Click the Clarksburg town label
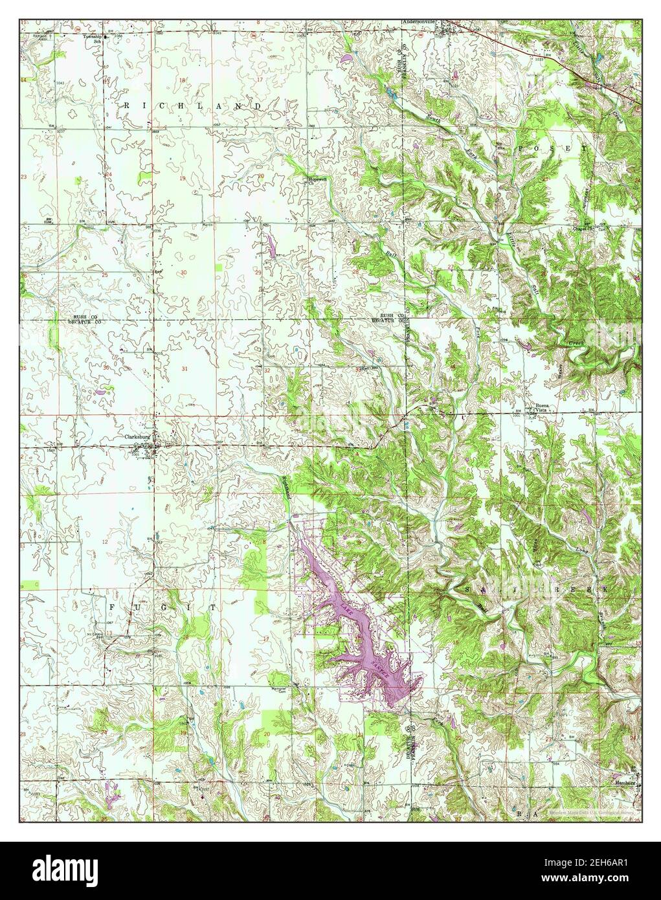pyautogui.click(x=137, y=436)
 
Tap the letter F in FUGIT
pyautogui.click(x=113, y=607)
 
